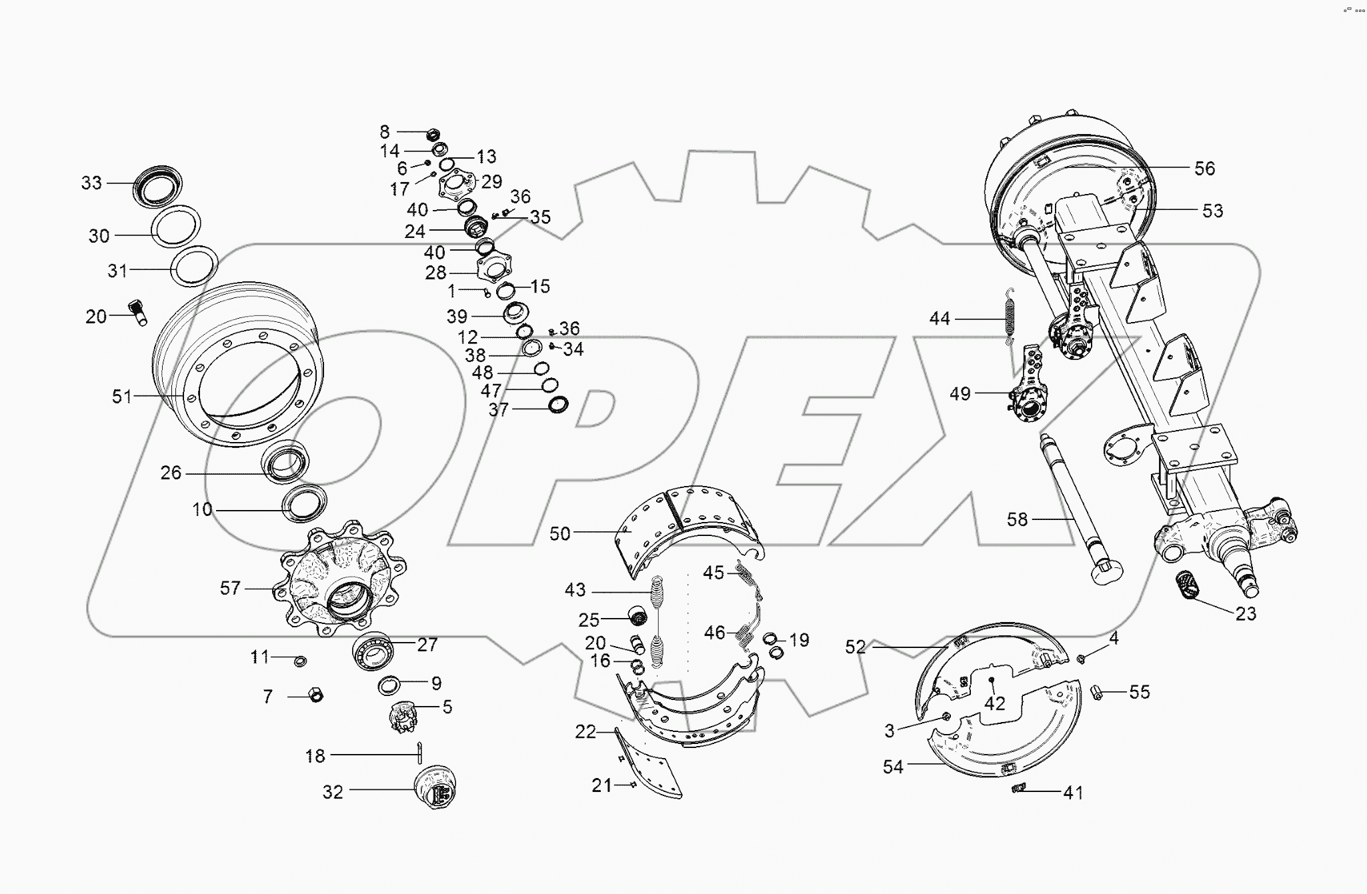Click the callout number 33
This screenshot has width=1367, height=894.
(91, 182)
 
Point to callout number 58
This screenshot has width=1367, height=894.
(1017, 519)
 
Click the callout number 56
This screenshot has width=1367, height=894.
(1204, 168)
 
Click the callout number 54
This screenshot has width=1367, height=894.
(892, 767)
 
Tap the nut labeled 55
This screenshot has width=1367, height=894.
(1097, 693)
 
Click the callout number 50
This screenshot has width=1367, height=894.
(559, 533)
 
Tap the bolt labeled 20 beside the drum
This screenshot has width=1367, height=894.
(138, 311)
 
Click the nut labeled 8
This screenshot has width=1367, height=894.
(431, 133)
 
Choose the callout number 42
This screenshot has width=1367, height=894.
(994, 704)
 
